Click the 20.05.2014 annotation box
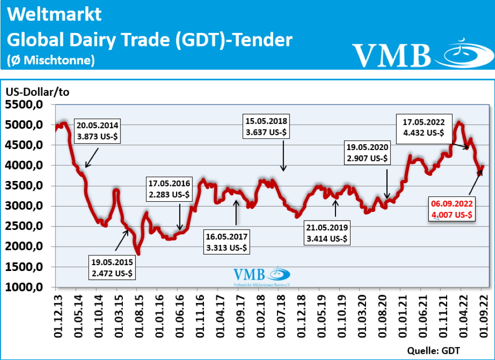[x=97, y=130]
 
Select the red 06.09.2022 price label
[x=451, y=209]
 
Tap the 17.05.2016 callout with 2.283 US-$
[x=170, y=189]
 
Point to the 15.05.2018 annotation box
[x=267, y=127]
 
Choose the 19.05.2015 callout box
[x=113, y=268]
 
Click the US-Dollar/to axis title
[x=38, y=91]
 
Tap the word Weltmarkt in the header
[x=55, y=14]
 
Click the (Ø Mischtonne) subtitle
[x=51, y=60]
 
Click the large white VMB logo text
[x=392, y=55]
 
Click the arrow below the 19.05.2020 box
[x=387, y=183]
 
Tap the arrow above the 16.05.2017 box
[x=236, y=212]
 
